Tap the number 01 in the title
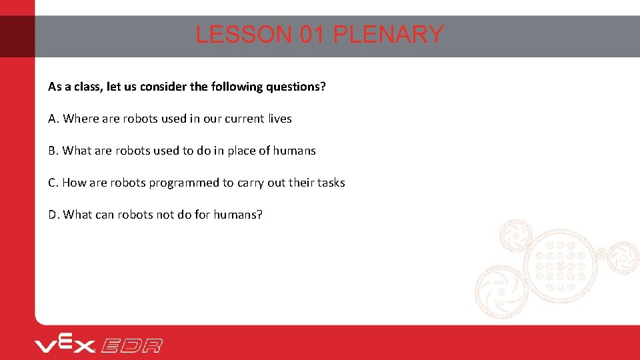coord(312,35)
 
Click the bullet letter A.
coord(53,119)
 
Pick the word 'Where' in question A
coord(81,119)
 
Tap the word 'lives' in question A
coord(280,119)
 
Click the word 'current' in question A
coord(244,119)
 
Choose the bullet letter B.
coord(53,151)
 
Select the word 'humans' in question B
coord(295,151)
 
